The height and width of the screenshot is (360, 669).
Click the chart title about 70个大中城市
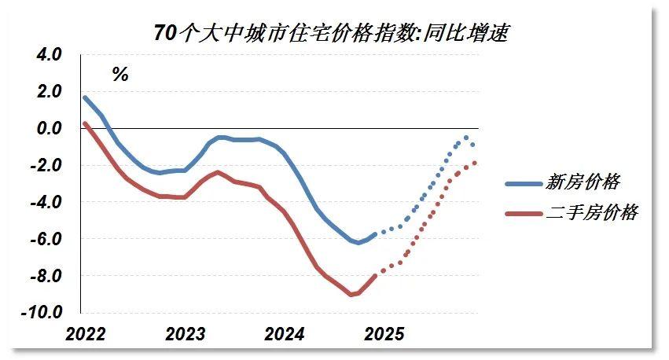click(333, 33)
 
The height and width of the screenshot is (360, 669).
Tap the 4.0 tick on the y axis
click(49, 55)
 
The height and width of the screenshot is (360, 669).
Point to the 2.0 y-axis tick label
click(49, 92)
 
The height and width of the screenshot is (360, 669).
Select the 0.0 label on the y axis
click(49, 128)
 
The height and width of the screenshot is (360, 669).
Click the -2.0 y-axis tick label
click(46, 165)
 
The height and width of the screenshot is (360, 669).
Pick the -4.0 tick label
click(46, 202)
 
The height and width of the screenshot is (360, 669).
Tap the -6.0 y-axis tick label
click(46, 238)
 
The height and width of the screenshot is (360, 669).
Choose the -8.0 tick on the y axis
click(46, 275)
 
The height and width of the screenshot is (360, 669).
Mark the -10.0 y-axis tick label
click(43, 312)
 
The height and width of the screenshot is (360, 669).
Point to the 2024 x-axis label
click(285, 335)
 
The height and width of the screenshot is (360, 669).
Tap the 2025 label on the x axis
click(384, 335)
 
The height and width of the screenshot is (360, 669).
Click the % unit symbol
click(119, 75)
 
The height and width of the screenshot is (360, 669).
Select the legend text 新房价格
click(583, 182)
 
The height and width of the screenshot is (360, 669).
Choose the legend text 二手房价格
click(591, 213)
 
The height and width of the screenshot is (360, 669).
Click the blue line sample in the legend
click(523, 183)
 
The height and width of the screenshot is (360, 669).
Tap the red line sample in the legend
click(523, 213)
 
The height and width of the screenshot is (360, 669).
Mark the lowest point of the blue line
click(358, 242)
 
